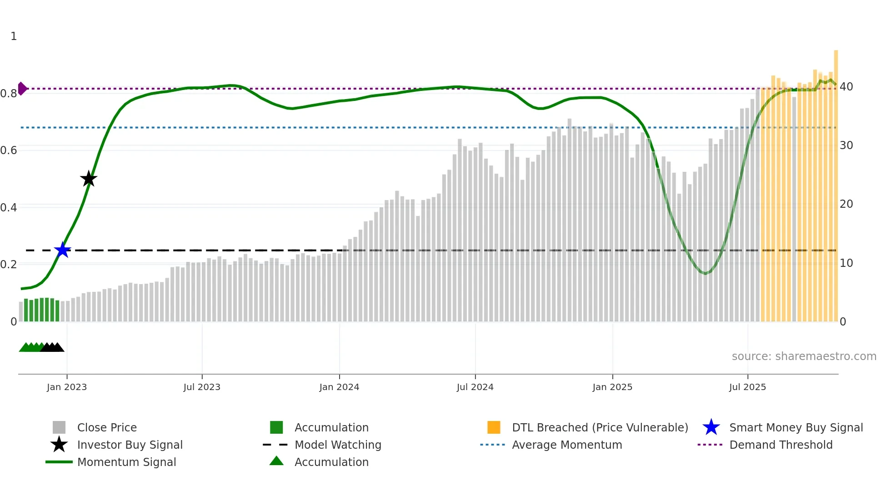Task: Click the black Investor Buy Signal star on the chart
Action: coord(89,179)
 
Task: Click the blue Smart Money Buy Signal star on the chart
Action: coord(62,250)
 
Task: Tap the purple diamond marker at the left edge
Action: coord(22,89)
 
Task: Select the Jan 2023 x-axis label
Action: coord(67,387)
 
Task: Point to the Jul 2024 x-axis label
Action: coord(475,387)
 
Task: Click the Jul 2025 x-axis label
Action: coord(747,387)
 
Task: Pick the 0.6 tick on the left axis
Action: coord(9,150)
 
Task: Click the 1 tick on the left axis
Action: coord(14,36)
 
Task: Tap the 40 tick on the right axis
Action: coord(846,87)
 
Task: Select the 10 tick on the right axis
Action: coord(846,263)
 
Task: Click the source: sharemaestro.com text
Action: coord(804,356)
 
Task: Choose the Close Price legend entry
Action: coord(107,427)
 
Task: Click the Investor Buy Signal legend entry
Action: coord(130,445)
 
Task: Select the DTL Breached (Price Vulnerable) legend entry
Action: coord(600,427)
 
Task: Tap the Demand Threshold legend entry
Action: coord(781,445)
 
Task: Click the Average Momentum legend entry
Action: coord(566,445)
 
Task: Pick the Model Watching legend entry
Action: coord(338,445)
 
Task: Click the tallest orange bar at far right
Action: coord(836,182)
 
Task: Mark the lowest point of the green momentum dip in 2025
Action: coord(705,274)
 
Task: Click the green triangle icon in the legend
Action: coord(276,461)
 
